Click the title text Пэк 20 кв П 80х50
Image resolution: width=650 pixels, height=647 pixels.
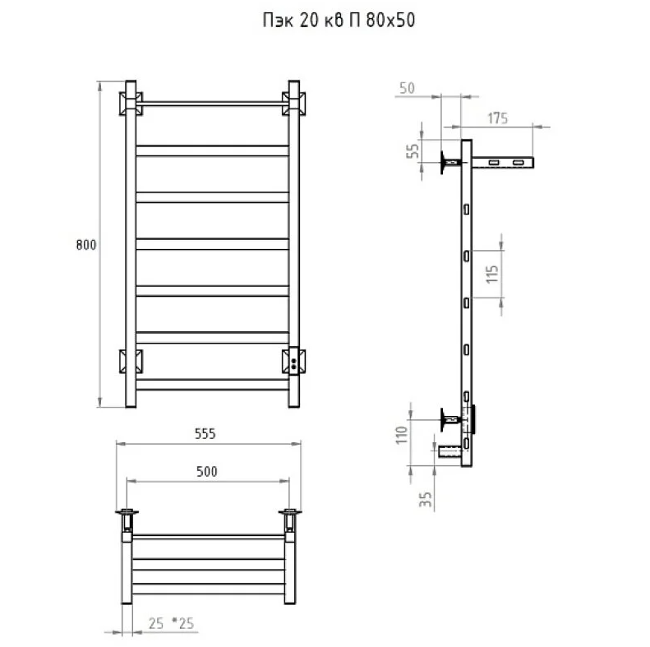click(x=339, y=20)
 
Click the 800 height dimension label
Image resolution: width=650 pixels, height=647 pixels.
click(x=86, y=245)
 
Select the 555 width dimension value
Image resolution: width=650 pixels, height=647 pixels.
click(x=205, y=434)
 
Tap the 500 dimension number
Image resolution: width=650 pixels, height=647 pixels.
click(x=206, y=472)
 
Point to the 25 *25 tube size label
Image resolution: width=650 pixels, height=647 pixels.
click(x=171, y=623)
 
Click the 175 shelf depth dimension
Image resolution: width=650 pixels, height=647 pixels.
click(x=497, y=118)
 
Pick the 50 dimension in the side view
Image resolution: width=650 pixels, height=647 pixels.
click(x=407, y=88)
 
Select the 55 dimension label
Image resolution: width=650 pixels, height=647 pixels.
click(x=413, y=151)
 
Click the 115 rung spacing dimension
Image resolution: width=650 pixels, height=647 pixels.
click(x=492, y=274)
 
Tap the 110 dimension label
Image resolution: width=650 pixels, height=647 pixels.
click(x=402, y=435)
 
